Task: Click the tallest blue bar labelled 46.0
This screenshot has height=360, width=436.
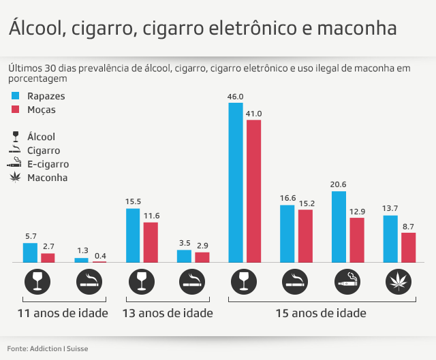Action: point(235,182)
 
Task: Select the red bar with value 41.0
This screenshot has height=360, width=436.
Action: point(253,191)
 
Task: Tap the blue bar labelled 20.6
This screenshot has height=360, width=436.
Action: point(339,227)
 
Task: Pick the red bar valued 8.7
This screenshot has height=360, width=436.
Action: point(408,247)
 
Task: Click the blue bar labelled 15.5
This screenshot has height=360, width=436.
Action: point(133,235)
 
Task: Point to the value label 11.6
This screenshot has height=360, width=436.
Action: point(151,216)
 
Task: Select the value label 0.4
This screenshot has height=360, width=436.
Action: point(99,255)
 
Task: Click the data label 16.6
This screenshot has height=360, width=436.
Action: point(287,198)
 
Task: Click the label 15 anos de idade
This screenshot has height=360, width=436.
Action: point(321,314)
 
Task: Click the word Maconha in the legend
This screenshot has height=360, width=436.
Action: point(47,178)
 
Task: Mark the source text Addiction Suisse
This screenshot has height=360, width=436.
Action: point(59,349)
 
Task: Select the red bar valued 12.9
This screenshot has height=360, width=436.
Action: point(357,240)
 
